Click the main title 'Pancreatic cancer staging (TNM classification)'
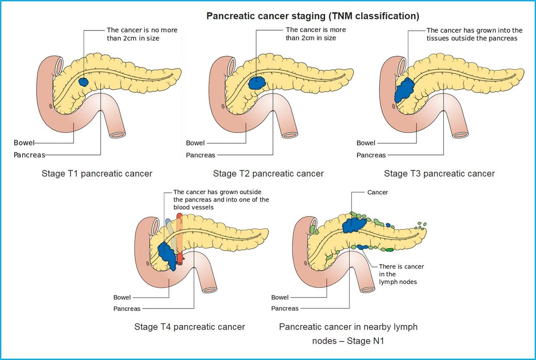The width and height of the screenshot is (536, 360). pos(313,16)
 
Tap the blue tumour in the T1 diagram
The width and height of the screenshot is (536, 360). pos(83,82)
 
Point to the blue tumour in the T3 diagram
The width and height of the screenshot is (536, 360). pos(404,89)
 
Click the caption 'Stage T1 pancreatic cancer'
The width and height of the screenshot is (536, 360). pos(97,174)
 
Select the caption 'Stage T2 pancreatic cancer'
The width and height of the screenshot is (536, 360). pos(268,174)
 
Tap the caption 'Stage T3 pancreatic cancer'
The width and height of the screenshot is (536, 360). pos(439,174)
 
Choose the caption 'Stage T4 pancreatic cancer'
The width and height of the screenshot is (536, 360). pos(190,327)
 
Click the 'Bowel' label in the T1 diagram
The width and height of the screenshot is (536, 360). pos(24,143)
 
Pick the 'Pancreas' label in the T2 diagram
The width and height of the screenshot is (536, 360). pos(200,155)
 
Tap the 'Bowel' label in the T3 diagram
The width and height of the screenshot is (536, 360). pos(366,143)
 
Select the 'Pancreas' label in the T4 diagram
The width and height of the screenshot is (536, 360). pos(127,309)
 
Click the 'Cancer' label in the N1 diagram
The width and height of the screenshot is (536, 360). pos(377,192)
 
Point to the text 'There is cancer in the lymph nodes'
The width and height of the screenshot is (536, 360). pos(401,274)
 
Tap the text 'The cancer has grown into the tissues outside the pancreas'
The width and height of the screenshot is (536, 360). pos(474,34)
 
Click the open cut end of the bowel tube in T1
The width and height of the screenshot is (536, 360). pos(117,134)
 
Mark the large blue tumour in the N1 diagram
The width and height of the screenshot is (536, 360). pos(354,224)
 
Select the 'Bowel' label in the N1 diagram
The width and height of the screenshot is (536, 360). pos(280,297)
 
